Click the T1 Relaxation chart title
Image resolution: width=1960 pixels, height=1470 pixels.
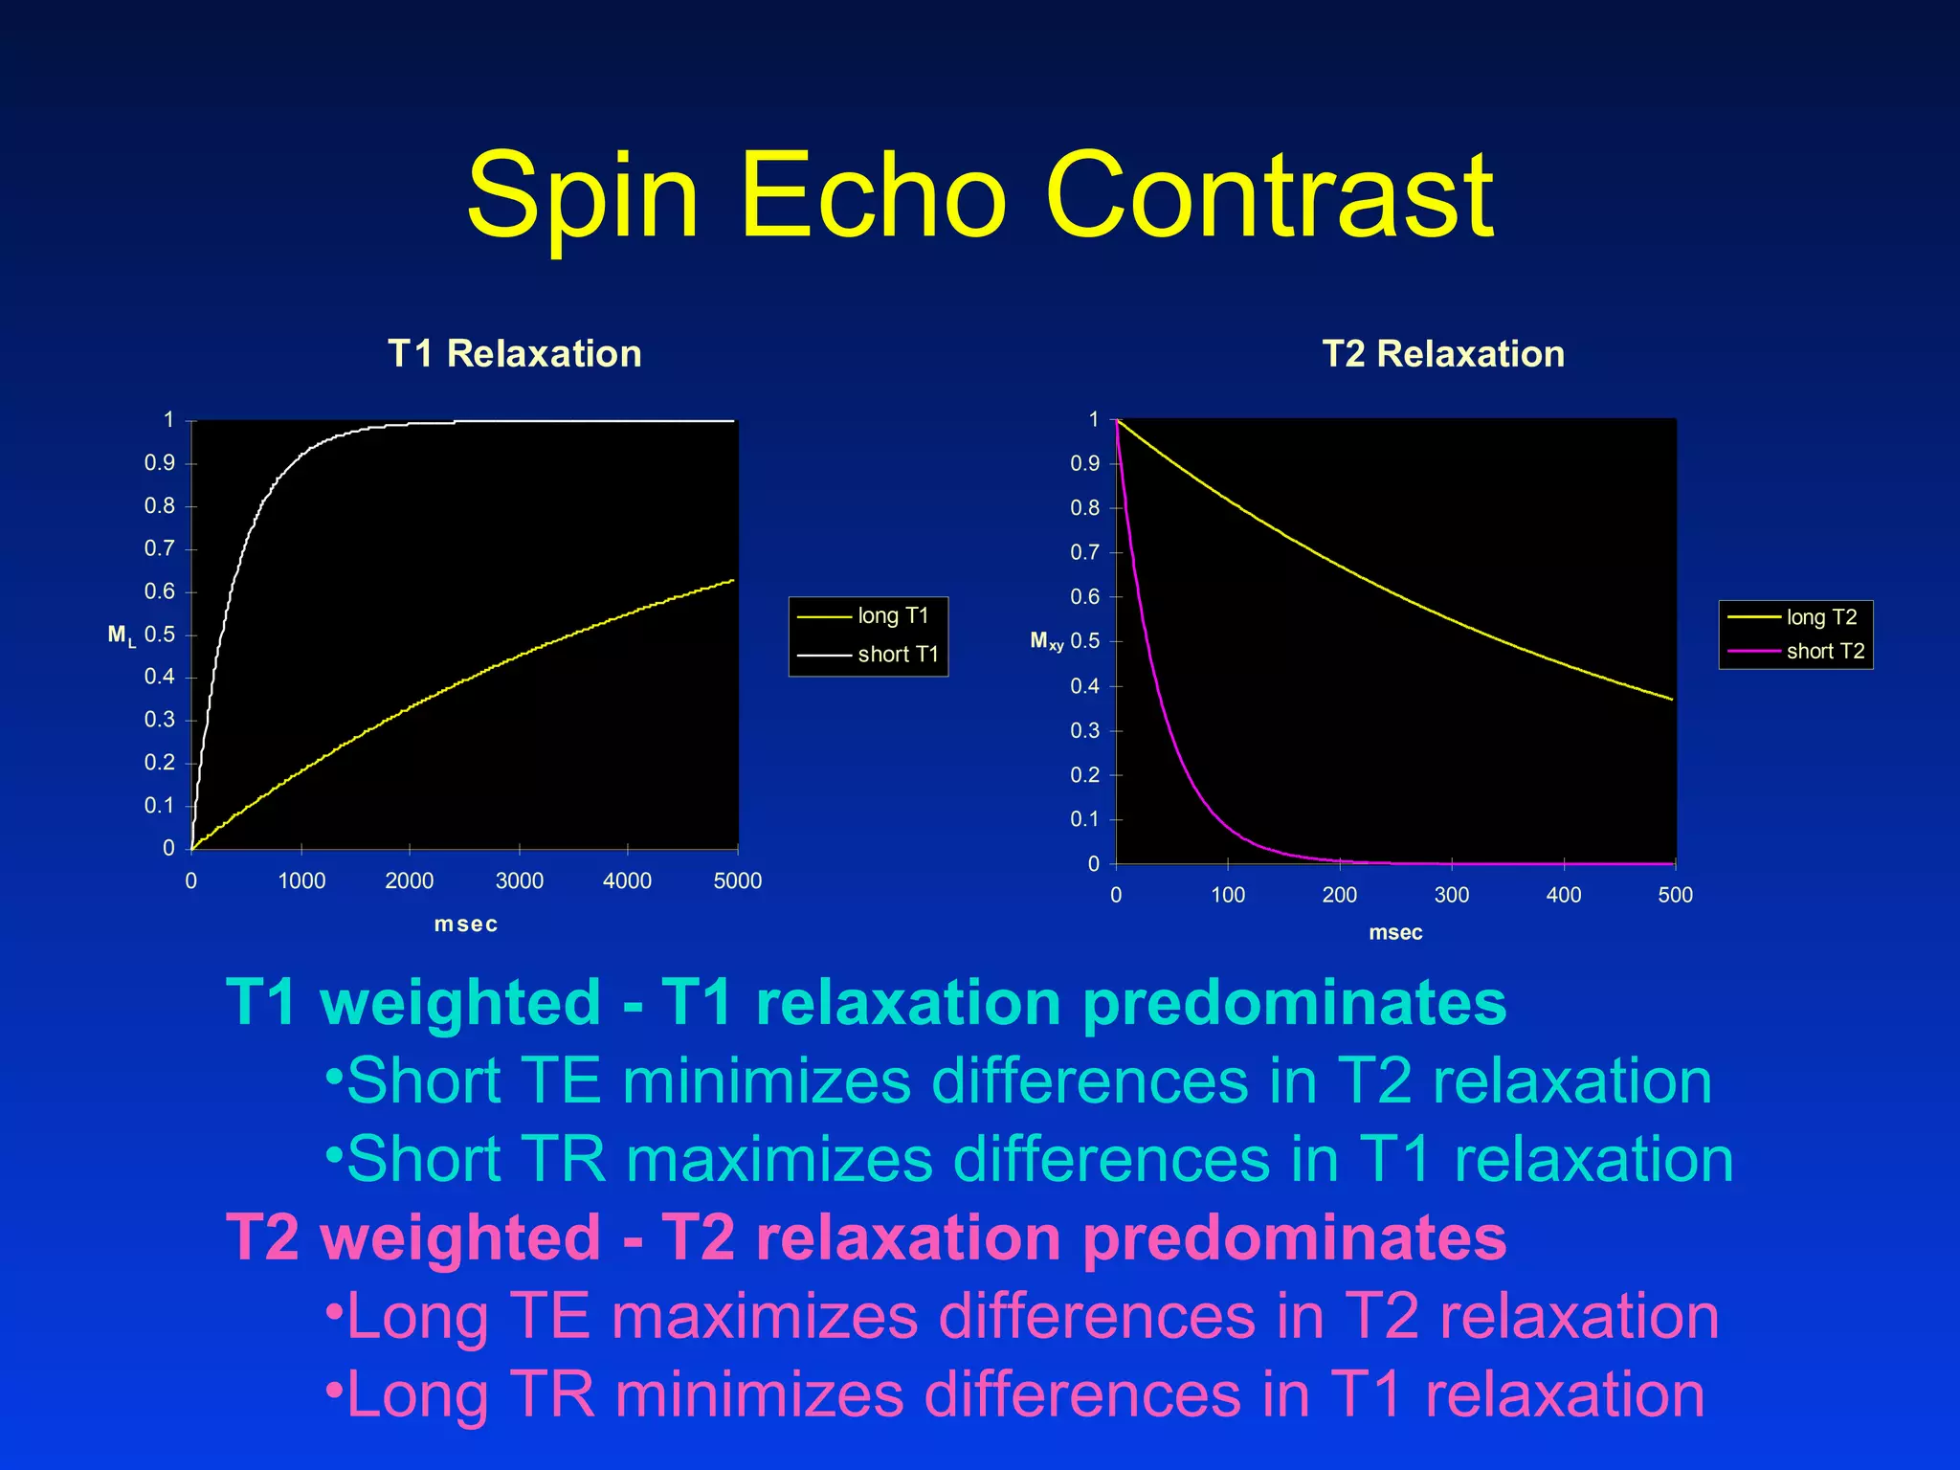click(514, 354)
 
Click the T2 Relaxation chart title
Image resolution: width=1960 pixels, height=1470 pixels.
click(1443, 354)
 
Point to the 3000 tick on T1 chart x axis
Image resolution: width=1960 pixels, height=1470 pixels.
click(519, 880)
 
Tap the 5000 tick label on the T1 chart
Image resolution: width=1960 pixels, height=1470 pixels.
click(737, 880)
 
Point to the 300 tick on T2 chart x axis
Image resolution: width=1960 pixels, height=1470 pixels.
click(1451, 895)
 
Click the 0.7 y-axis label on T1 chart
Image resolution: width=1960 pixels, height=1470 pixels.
click(160, 548)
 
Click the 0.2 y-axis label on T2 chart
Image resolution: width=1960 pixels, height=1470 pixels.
click(1084, 775)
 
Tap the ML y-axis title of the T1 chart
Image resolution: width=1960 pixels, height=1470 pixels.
click(122, 635)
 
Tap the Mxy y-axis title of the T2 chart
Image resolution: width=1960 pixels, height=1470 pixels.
click(1046, 641)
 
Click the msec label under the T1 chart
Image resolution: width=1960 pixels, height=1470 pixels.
click(466, 924)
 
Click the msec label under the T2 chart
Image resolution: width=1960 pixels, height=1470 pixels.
click(1395, 933)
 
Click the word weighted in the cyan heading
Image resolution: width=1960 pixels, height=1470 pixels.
click(460, 1003)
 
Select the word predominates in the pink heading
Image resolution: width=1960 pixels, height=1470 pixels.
click(1294, 1237)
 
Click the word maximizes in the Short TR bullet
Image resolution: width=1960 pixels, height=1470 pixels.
click(778, 1160)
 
